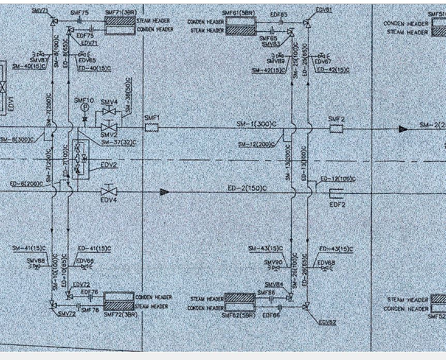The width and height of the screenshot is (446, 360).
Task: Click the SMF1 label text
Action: (151, 118)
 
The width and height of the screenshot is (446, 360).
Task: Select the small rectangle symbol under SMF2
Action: (336, 128)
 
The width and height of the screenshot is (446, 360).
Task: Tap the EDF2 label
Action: (337, 204)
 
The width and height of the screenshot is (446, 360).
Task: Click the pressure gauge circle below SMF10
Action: (84, 108)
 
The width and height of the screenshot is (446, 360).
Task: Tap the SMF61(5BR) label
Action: (239, 13)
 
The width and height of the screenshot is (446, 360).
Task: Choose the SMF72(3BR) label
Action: (120, 314)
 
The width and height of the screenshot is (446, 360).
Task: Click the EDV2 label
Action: (109, 165)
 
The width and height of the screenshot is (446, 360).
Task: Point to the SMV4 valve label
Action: (109, 102)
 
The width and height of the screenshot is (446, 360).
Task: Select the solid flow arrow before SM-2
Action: (403, 128)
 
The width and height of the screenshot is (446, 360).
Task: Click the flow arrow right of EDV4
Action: (165, 192)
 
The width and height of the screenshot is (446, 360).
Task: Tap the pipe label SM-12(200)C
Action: (256, 144)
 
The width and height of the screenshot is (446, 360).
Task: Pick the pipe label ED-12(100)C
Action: (337, 179)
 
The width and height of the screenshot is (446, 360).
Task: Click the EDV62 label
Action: (327, 323)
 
